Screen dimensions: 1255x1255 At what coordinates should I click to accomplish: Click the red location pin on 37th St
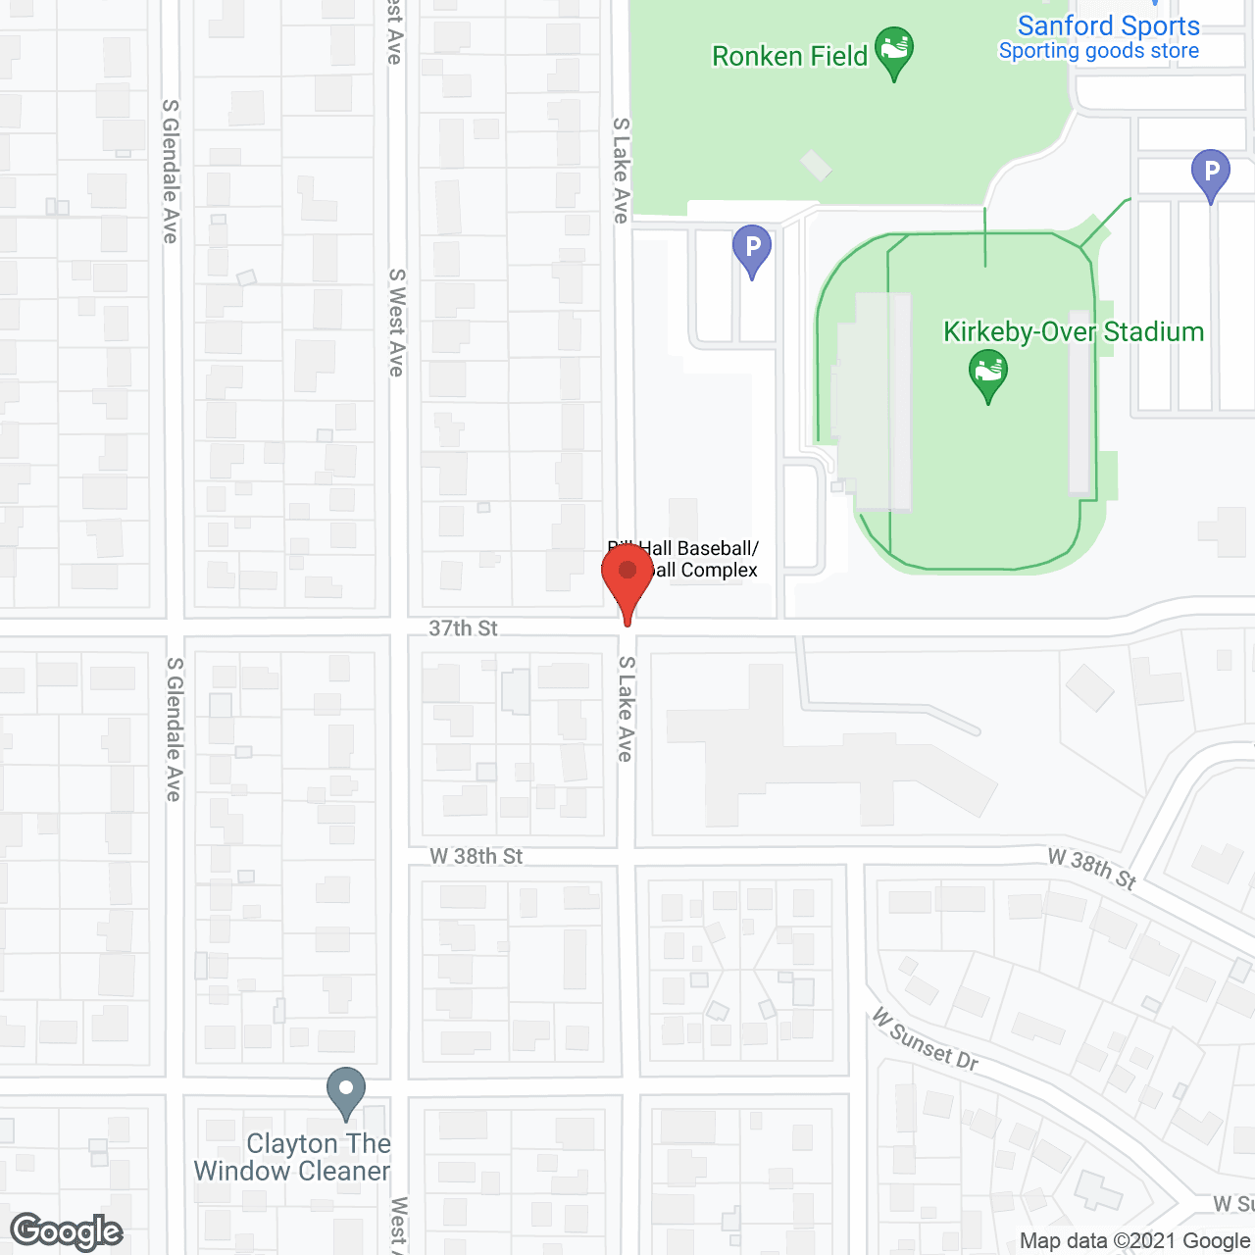point(627,578)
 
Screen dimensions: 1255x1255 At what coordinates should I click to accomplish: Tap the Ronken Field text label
point(789,57)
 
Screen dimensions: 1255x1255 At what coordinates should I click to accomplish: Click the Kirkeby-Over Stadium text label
point(1073,332)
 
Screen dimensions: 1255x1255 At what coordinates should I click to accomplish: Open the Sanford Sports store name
point(1108,25)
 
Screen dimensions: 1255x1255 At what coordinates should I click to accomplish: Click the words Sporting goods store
point(1098,51)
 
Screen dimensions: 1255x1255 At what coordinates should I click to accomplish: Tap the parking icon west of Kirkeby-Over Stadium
point(752,249)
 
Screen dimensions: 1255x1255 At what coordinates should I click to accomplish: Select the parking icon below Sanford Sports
point(1211,174)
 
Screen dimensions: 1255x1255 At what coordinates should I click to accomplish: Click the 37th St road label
point(463,628)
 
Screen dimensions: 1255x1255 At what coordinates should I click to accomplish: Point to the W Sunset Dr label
point(925,1041)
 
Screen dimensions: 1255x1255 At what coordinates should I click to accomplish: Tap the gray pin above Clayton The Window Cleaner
point(345,1090)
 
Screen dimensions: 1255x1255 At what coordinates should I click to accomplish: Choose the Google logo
point(67,1231)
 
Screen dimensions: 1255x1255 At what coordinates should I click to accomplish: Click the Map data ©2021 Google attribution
point(1134,1241)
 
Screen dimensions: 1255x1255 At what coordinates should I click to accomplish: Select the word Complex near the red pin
point(719,571)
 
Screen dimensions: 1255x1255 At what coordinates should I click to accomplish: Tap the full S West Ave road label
point(396,323)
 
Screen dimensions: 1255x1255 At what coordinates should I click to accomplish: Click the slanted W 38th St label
point(1091,869)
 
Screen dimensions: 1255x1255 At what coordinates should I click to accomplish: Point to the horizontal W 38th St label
point(477,856)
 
